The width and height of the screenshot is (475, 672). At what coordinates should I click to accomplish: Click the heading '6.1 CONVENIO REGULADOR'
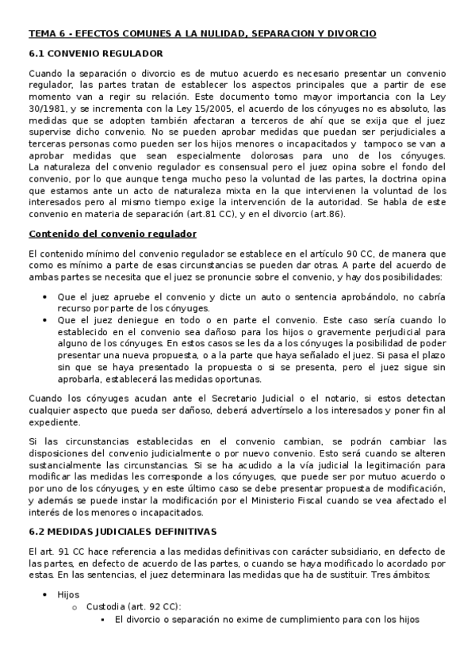(x=96, y=54)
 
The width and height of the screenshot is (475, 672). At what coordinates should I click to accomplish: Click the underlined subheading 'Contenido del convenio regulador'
(x=113, y=234)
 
